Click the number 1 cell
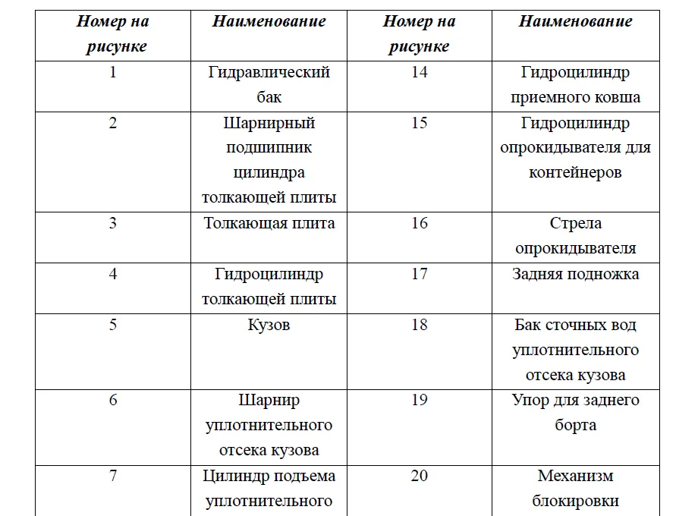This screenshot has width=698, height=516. (113, 73)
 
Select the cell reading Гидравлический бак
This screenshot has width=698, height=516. (269, 85)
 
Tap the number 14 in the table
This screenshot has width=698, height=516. (420, 73)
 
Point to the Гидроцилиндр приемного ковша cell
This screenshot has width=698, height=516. (575, 85)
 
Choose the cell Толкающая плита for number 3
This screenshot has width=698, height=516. (269, 223)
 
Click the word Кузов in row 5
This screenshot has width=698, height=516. (269, 325)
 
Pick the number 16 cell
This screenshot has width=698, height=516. (420, 223)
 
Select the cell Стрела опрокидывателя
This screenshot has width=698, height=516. (575, 236)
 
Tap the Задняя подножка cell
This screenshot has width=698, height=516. (575, 274)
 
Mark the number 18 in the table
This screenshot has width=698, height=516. (420, 325)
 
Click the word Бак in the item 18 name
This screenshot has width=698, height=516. (528, 325)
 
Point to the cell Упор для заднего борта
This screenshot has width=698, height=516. (575, 413)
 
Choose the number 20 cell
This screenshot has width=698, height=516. (420, 477)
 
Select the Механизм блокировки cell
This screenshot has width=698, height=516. (575, 489)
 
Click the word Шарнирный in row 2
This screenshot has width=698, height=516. (269, 123)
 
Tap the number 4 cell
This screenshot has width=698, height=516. (113, 274)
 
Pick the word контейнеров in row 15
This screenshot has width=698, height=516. (575, 173)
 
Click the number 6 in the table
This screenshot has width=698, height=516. (113, 400)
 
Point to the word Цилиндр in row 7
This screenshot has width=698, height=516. (231, 477)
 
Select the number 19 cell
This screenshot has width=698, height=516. (420, 400)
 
